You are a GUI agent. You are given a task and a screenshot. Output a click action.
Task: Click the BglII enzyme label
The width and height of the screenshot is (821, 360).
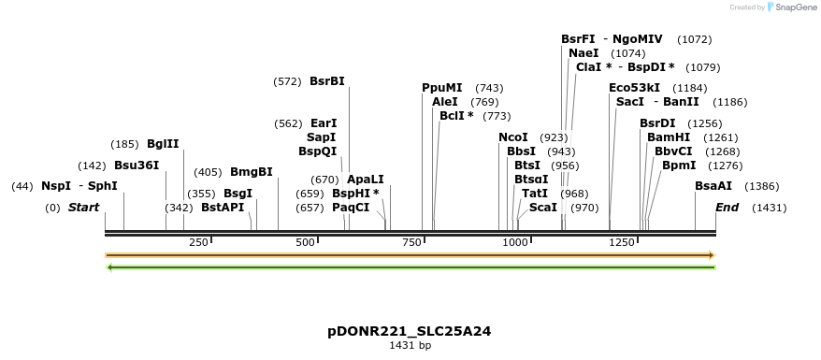point(163,144)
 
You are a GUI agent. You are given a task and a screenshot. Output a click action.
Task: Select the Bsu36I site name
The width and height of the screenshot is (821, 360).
point(137,166)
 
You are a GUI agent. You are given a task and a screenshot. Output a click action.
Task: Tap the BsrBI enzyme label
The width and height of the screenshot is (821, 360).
point(327,81)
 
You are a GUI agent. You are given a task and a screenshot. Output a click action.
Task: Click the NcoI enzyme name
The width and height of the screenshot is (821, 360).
point(513,137)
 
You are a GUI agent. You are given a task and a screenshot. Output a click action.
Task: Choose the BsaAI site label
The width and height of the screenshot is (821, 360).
point(713,186)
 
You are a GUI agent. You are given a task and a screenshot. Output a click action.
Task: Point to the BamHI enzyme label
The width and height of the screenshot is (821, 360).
point(667,137)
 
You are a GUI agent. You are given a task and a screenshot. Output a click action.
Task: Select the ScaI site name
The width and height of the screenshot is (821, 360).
point(543,207)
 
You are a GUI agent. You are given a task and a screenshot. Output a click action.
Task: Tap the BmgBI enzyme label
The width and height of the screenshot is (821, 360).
point(252,172)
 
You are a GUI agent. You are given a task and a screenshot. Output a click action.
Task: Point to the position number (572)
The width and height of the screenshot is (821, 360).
point(288,81)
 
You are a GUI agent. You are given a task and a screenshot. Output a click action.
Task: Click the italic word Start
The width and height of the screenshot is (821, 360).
point(83,207)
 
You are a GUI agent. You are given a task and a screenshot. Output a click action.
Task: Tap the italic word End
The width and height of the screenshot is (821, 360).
point(727,207)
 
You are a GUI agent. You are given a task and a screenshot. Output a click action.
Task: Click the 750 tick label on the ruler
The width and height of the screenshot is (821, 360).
point(411,243)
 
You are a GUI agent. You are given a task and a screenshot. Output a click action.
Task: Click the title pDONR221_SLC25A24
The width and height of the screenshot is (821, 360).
point(410,331)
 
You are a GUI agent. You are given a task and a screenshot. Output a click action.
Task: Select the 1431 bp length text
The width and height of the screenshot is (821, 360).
point(410,346)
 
